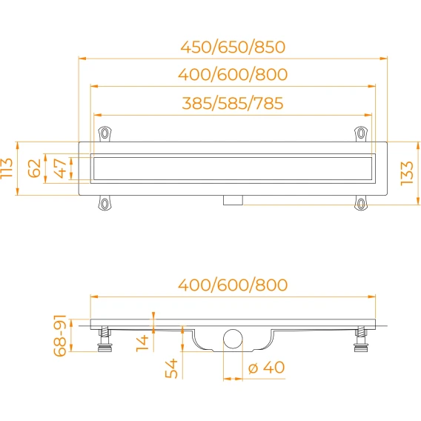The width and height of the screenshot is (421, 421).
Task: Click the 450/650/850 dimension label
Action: pos(233,47)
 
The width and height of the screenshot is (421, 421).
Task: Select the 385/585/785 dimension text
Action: pos(233,103)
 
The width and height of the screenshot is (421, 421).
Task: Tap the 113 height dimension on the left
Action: pos(7,168)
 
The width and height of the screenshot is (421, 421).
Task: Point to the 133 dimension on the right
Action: pos(407,173)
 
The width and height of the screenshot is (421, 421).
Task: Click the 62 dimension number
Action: pos(34,168)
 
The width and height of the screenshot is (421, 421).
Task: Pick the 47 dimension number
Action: pos(60,168)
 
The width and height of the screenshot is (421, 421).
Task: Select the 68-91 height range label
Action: pos(59,336)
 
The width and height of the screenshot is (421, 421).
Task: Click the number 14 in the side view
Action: pos(142,343)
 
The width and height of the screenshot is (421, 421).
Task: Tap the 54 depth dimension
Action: pos(171,368)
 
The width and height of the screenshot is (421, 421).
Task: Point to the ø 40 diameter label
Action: pos(266,367)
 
